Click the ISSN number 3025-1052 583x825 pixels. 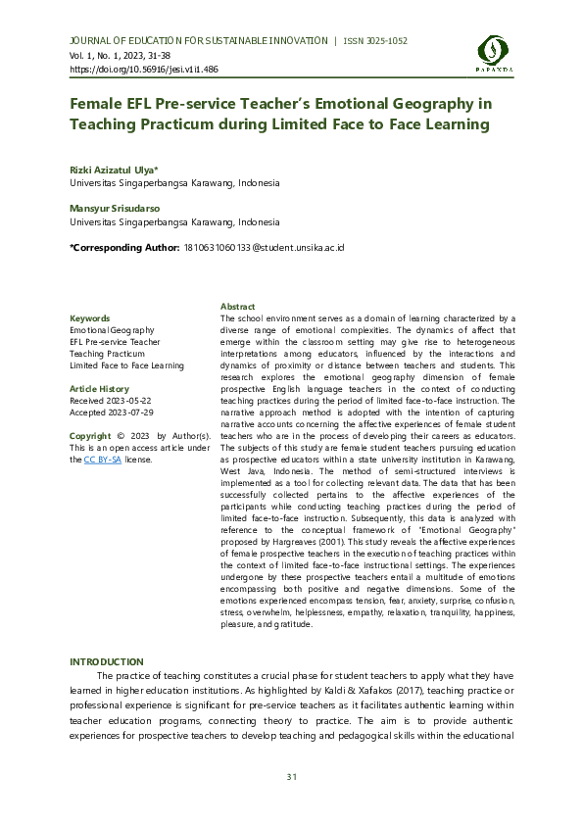381,41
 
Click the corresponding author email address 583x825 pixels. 265,249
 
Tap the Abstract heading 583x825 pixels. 238,307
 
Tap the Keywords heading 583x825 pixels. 90,318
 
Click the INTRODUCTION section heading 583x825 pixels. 106,662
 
